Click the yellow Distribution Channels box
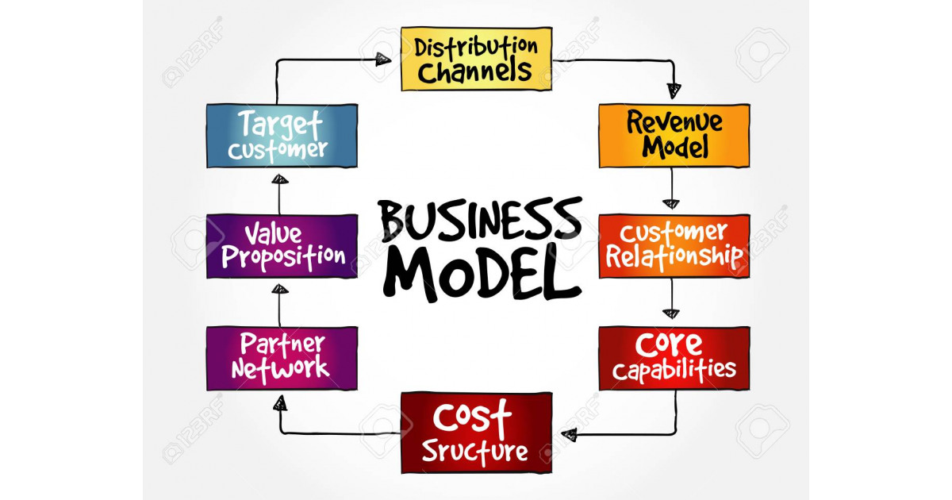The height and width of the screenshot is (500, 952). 477,59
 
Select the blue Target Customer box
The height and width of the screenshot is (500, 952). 282,136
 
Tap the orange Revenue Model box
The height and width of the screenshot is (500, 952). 674,136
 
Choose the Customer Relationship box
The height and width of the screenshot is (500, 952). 674,246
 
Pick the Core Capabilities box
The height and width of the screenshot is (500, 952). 674,359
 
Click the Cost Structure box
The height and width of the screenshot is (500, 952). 477,433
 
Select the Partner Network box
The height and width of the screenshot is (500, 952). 282,359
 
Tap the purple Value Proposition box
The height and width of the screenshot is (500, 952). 282,246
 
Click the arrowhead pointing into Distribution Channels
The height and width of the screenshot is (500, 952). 383,60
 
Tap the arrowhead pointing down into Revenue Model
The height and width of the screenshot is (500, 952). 674,91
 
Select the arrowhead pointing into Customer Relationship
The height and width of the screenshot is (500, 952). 671,204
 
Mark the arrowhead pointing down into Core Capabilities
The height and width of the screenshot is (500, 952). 671,313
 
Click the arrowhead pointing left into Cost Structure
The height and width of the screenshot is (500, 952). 569,435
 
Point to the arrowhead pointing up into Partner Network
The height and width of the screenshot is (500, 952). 280,403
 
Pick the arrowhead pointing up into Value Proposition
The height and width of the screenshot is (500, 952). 280,289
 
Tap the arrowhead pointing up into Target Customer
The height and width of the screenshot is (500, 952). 280,179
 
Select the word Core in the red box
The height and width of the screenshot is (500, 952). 669,344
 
